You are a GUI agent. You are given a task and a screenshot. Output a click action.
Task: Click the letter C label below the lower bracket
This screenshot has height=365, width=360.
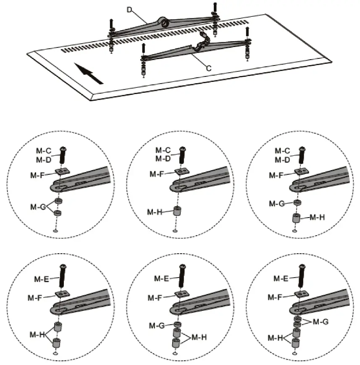(208, 67)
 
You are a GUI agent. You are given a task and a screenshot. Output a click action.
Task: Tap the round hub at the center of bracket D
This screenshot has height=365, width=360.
(164, 24)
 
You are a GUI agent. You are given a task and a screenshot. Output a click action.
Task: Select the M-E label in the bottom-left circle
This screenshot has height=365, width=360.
(42, 278)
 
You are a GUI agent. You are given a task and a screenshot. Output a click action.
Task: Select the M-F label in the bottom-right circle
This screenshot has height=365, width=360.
(275, 297)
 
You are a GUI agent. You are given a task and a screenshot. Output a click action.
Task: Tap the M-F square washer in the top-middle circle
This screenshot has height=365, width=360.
(181, 171)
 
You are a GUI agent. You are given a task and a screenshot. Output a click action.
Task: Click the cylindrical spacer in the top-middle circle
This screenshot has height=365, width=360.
(177, 211)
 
